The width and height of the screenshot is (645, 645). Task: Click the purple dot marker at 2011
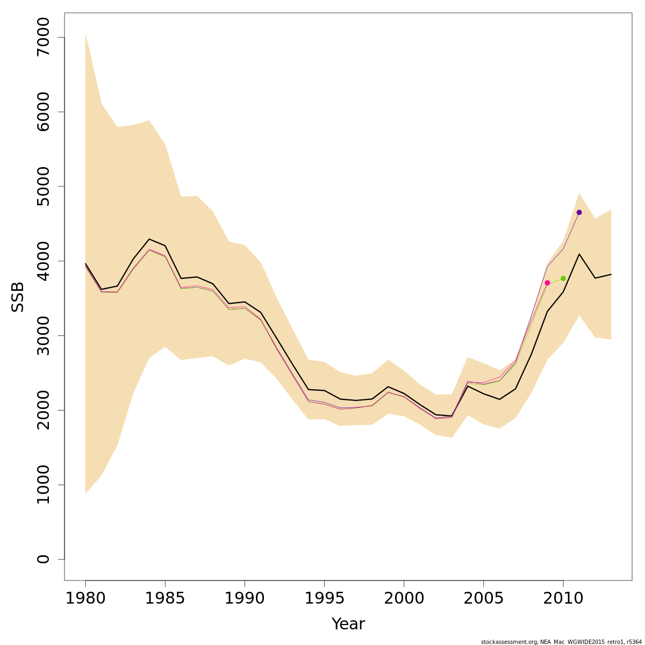pyautogui.click(x=579, y=212)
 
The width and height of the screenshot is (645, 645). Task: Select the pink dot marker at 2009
pyautogui.click(x=547, y=283)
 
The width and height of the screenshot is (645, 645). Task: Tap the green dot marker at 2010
pyautogui.click(x=563, y=278)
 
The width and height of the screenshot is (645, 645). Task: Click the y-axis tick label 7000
pyautogui.click(x=43, y=38)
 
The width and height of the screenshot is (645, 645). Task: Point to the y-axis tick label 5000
pyautogui.click(x=43, y=187)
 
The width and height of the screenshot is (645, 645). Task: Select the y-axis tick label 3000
pyautogui.click(x=43, y=336)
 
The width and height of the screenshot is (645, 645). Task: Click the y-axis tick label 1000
pyautogui.click(x=43, y=485)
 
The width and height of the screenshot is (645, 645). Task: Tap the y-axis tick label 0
pyautogui.click(x=43, y=559)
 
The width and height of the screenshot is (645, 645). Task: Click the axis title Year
pyautogui.click(x=348, y=624)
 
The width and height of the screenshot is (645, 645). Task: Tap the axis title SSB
pyautogui.click(x=18, y=297)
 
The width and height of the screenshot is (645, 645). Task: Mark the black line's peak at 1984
pyautogui.click(x=149, y=239)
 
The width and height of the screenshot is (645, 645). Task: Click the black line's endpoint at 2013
pyautogui.click(x=611, y=274)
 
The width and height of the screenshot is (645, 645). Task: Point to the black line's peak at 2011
pyautogui.click(x=579, y=254)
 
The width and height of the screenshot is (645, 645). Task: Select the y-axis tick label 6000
pyautogui.click(x=43, y=112)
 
